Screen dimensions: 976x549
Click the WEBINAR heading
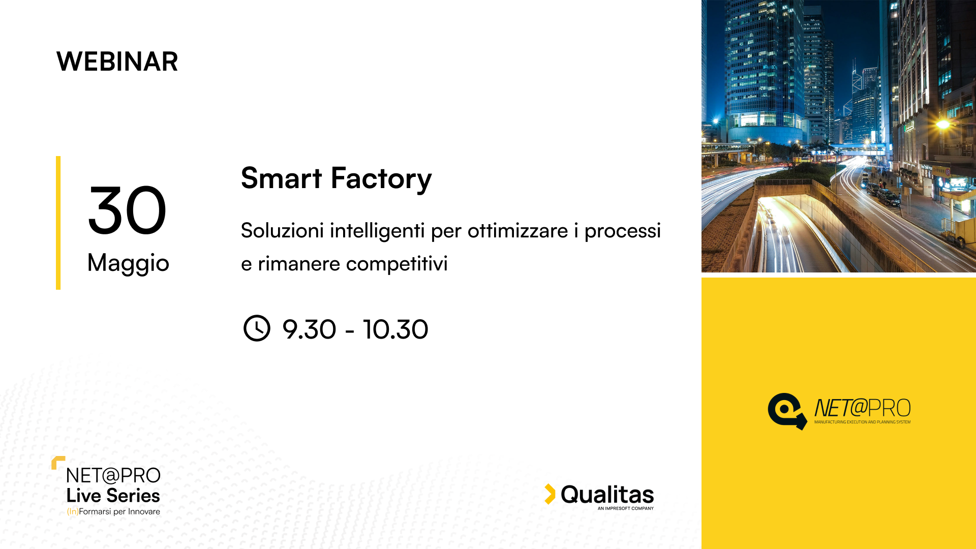[x=117, y=62]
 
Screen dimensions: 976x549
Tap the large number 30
[x=127, y=210]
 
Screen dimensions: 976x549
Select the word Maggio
[x=128, y=263]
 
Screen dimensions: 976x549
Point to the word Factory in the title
[x=381, y=179]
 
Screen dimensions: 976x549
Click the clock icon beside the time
[x=257, y=328]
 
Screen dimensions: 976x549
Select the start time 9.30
[x=309, y=329]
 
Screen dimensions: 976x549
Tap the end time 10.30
[x=395, y=329]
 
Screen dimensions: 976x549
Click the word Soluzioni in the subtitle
[x=282, y=230]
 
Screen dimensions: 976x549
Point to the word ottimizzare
[x=517, y=231]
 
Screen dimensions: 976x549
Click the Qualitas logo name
[x=607, y=495]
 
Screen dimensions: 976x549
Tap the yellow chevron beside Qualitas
[x=550, y=494]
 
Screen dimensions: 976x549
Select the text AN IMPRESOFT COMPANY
[x=626, y=508]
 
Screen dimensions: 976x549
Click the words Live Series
[x=113, y=496]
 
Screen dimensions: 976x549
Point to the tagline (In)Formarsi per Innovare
[x=113, y=511]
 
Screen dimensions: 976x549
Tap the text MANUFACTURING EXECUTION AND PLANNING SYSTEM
[x=862, y=422]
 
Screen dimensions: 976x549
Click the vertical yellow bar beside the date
[x=58, y=223]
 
